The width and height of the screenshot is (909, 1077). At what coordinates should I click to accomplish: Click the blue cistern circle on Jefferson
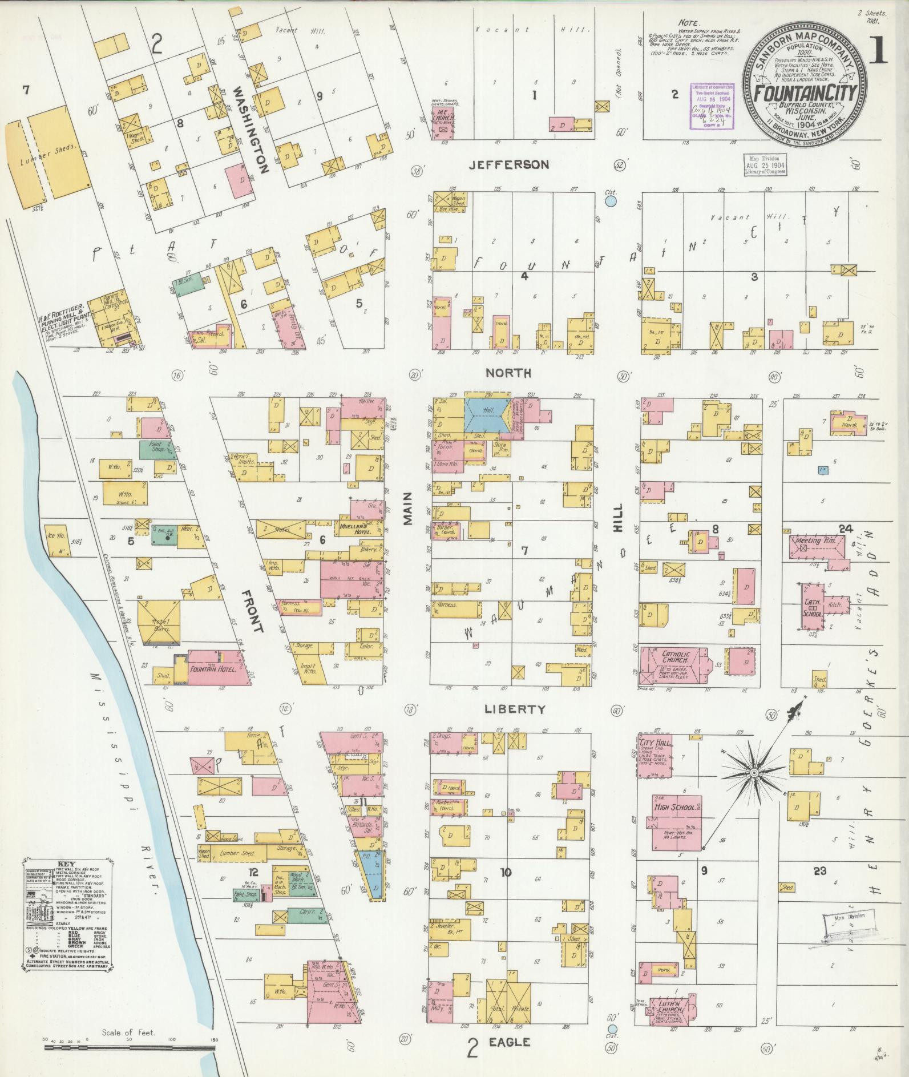611,201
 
